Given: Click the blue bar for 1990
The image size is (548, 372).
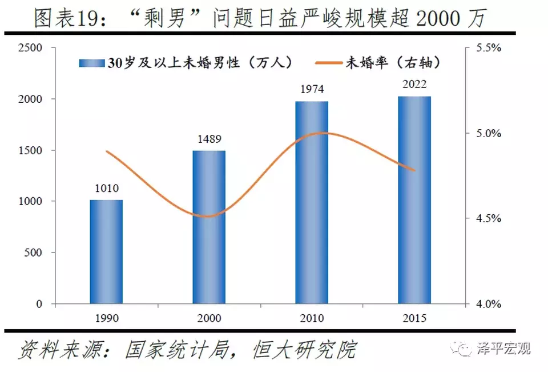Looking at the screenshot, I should (106, 251).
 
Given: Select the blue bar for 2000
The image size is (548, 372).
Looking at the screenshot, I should (209, 227).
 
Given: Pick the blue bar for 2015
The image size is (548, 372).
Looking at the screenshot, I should (414, 199).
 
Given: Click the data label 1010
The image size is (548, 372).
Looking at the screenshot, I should (106, 189).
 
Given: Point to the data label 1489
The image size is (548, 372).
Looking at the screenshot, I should (209, 139).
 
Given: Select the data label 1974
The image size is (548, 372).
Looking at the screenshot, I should (312, 90).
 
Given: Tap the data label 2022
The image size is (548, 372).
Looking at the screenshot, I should (414, 85).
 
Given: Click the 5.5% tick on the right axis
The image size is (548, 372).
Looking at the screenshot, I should (487, 48).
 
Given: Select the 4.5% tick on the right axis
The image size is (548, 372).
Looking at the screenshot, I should (487, 219).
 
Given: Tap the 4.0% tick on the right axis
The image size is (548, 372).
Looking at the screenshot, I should (487, 304).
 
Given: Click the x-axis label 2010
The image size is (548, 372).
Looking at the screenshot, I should (312, 318).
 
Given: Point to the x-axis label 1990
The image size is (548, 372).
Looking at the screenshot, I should (106, 318).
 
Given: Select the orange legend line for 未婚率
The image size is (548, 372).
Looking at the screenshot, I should (327, 63).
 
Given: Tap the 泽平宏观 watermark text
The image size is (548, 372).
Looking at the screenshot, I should (503, 348).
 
